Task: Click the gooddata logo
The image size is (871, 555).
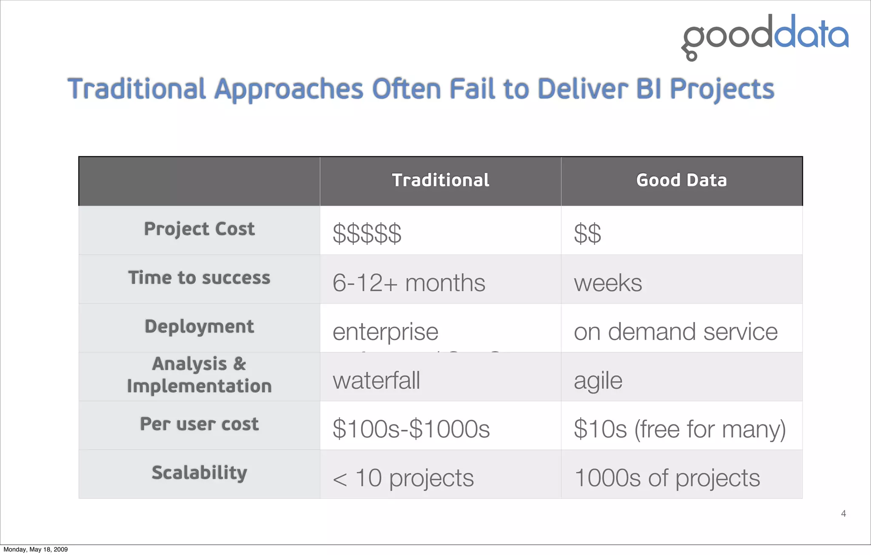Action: pos(765,37)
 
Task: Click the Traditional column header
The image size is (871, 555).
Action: pos(440,180)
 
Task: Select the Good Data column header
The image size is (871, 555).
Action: pos(681,180)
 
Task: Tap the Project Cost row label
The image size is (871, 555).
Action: pos(199,229)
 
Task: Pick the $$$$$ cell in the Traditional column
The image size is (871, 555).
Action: pos(367,234)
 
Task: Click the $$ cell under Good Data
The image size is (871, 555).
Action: pos(587,234)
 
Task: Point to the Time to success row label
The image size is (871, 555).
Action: pos(199,278)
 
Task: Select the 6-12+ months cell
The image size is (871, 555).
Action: pos(408,283)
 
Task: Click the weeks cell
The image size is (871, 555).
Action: pos(608,283)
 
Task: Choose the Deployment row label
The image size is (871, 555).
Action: pos(199,327)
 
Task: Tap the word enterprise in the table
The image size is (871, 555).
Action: pos(385,332)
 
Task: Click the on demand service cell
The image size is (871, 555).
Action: pos(675,332)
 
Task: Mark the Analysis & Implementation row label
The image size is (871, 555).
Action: pos(199,375)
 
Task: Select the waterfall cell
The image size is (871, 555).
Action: pos(376,380)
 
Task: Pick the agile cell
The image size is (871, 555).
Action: pos(598,380)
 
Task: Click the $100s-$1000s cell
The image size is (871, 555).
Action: pos(411,429)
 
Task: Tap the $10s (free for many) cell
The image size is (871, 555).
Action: pos(679,429)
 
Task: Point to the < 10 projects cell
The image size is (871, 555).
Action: pos(403,478)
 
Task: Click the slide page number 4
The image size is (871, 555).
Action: pos(843,514)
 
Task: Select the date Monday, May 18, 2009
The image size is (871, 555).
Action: pos(36,549)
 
